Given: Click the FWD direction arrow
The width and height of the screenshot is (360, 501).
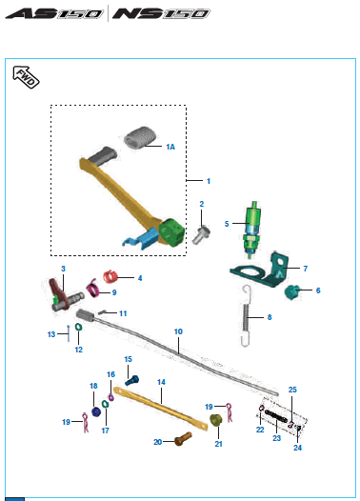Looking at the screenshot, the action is click(26, 77).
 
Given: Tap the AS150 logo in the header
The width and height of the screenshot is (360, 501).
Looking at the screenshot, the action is click(54, 13).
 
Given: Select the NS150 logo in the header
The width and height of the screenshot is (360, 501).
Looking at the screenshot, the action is click(161, 13).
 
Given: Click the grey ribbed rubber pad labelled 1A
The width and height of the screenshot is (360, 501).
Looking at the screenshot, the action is click(140, 137).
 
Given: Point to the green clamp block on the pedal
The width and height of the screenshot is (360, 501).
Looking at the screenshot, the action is click(171, 232).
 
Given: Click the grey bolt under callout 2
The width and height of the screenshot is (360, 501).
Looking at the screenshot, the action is click(201, 234).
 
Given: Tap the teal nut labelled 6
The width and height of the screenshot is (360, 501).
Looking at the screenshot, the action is click(291, 292).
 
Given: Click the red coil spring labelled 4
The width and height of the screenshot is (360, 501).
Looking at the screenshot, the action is click(110, 276).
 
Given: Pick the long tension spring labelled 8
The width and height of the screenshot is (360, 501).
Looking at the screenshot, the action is click(246, 315).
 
